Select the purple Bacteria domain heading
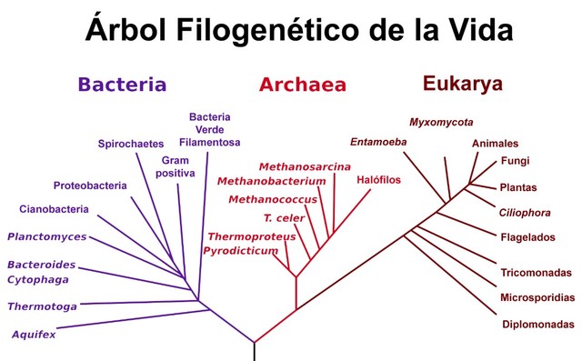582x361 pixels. tap(122, 85)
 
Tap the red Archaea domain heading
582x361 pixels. tap(303, 85)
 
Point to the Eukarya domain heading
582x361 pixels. tap(462, 84)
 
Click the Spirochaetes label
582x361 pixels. tap(130, 144)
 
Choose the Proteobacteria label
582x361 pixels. tap(90, 186)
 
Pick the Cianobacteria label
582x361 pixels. tap(54, 209)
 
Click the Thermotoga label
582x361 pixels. tap(42, 306)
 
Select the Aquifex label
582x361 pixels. tap(34, 335)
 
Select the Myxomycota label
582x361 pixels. tap(441, 122)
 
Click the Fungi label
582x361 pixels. tap(515, 161)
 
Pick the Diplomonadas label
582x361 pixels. tap(537, 325)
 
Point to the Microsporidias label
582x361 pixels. tap(537, 297)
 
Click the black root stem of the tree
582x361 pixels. tap(254, 351)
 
